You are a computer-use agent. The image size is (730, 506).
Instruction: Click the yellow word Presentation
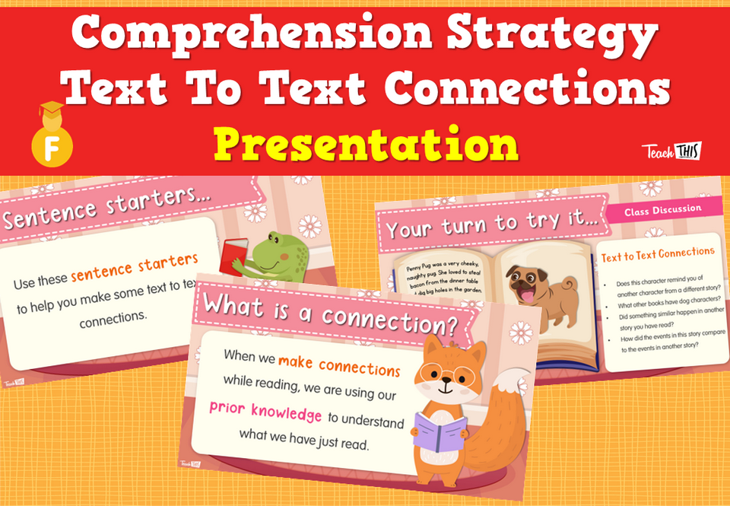click(366, 143)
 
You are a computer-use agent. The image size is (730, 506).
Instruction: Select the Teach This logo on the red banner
click(671, 151)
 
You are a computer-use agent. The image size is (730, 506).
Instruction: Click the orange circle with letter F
click(52, 147)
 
